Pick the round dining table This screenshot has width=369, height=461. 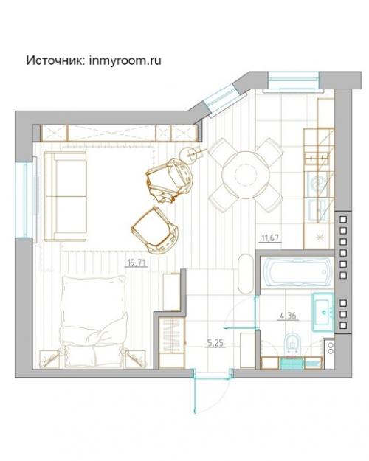(x=246, y=175)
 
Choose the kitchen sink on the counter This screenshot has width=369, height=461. (x=318, y=184)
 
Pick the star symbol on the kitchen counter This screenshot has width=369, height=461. (x=319, y=238)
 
